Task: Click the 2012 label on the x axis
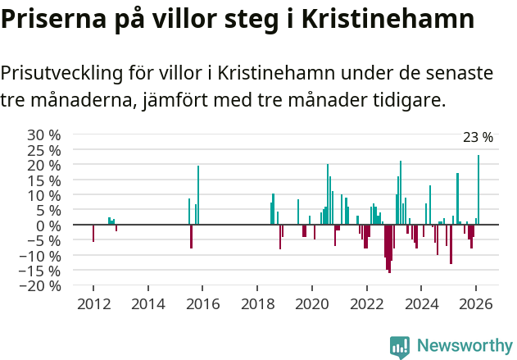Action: point(93,304)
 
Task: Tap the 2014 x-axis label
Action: point(148,304)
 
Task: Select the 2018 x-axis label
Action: point(257,304)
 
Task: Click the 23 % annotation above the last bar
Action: point(478,138)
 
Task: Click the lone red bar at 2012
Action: point(93,233)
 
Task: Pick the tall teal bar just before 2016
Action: point(198,195)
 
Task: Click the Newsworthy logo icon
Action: point(400,347)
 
